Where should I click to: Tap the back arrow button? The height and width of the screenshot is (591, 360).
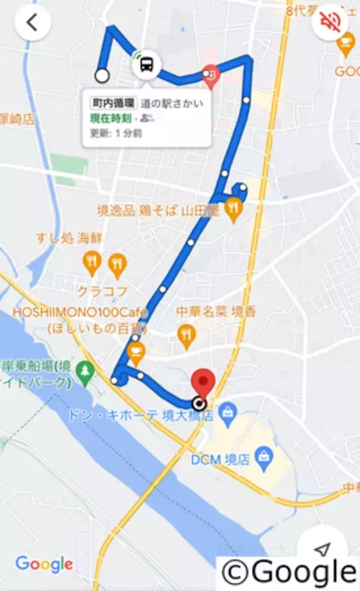tap(32, 23)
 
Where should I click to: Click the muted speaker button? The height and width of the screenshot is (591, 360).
tap(331, 23)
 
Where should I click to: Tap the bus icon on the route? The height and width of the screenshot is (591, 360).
tap(146, 64)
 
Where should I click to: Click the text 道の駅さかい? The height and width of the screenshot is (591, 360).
tap(172, 104)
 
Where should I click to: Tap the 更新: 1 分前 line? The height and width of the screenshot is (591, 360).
tap(116, 133)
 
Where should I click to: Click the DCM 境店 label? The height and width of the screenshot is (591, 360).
tap(215, 460)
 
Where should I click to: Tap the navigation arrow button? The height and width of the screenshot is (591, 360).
tap(323, 549)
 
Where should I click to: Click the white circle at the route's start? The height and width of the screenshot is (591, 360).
tap(103, 76)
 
